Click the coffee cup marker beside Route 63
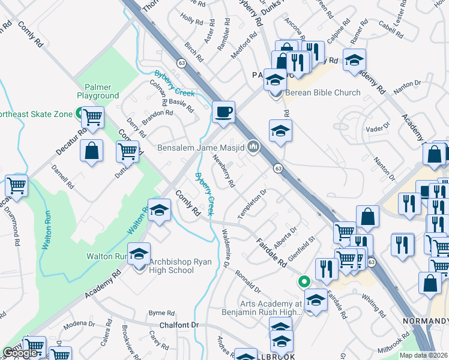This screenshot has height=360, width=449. point(224,112)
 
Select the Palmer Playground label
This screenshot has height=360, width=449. point(98,91)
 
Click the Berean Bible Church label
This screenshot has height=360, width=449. point(323,92)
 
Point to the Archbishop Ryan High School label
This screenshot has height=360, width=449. point(172,265)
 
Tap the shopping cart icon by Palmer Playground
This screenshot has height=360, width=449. point(92,118)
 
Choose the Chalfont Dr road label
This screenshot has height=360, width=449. point(178,325)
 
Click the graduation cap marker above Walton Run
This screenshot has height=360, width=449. point(159,211)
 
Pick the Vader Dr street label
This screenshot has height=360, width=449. point(374,129)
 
